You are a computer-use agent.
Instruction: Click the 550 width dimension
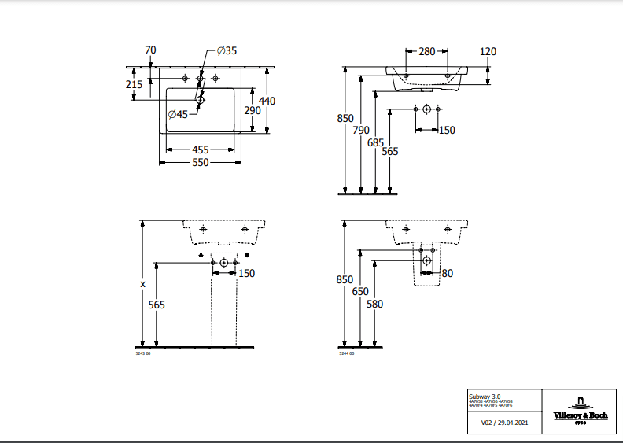tap(200, 162)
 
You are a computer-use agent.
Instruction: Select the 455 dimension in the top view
tap(200, 149)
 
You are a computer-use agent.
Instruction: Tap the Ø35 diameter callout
tap(227, 50)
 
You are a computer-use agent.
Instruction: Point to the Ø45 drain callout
tap(177, 114)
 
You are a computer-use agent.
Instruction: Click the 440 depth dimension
tap(267, 101)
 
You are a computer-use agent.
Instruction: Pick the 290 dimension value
tap(252, 111)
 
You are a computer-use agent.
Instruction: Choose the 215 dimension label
tap(134, 84)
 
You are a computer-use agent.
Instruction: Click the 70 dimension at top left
tap(151, 50)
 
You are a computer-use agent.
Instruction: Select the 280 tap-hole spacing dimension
tap(426, 52)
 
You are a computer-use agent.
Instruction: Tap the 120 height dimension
tap(488, 52)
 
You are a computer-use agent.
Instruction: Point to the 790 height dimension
tap(361, 130)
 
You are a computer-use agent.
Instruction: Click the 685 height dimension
tap(375, 142)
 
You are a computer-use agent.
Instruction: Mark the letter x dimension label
tap(142, 283)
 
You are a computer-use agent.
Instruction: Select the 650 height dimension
tap(360, 291)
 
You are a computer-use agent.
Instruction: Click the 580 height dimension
tap(374, 304)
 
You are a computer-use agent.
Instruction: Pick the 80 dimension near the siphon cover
tap(447, 274)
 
